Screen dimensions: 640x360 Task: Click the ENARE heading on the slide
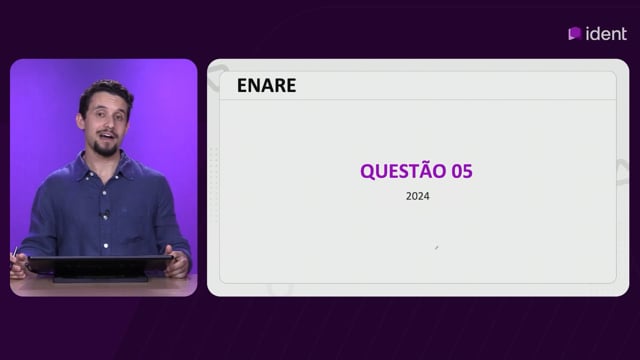[x=267, y=85]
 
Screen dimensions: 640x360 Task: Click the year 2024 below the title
[x=418, y=196]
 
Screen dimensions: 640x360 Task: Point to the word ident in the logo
[x=606, y=34]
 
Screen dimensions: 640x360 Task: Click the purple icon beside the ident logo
[x=575, y=33]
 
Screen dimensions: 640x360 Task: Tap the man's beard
[x=105, y=148]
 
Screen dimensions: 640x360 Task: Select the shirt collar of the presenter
[x=104, y=163]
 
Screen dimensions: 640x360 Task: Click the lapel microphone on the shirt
[x=106, y=213]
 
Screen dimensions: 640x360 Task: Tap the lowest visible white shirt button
[x=106, y=246]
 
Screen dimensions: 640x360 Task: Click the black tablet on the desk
[x=100, y=265]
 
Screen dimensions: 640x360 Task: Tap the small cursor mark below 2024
[x=436, y=247]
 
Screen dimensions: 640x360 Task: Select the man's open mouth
[x=107, y=136]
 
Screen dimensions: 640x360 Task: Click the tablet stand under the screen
[x=100, y=279]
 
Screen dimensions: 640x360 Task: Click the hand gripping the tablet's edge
[x=178, y=262]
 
